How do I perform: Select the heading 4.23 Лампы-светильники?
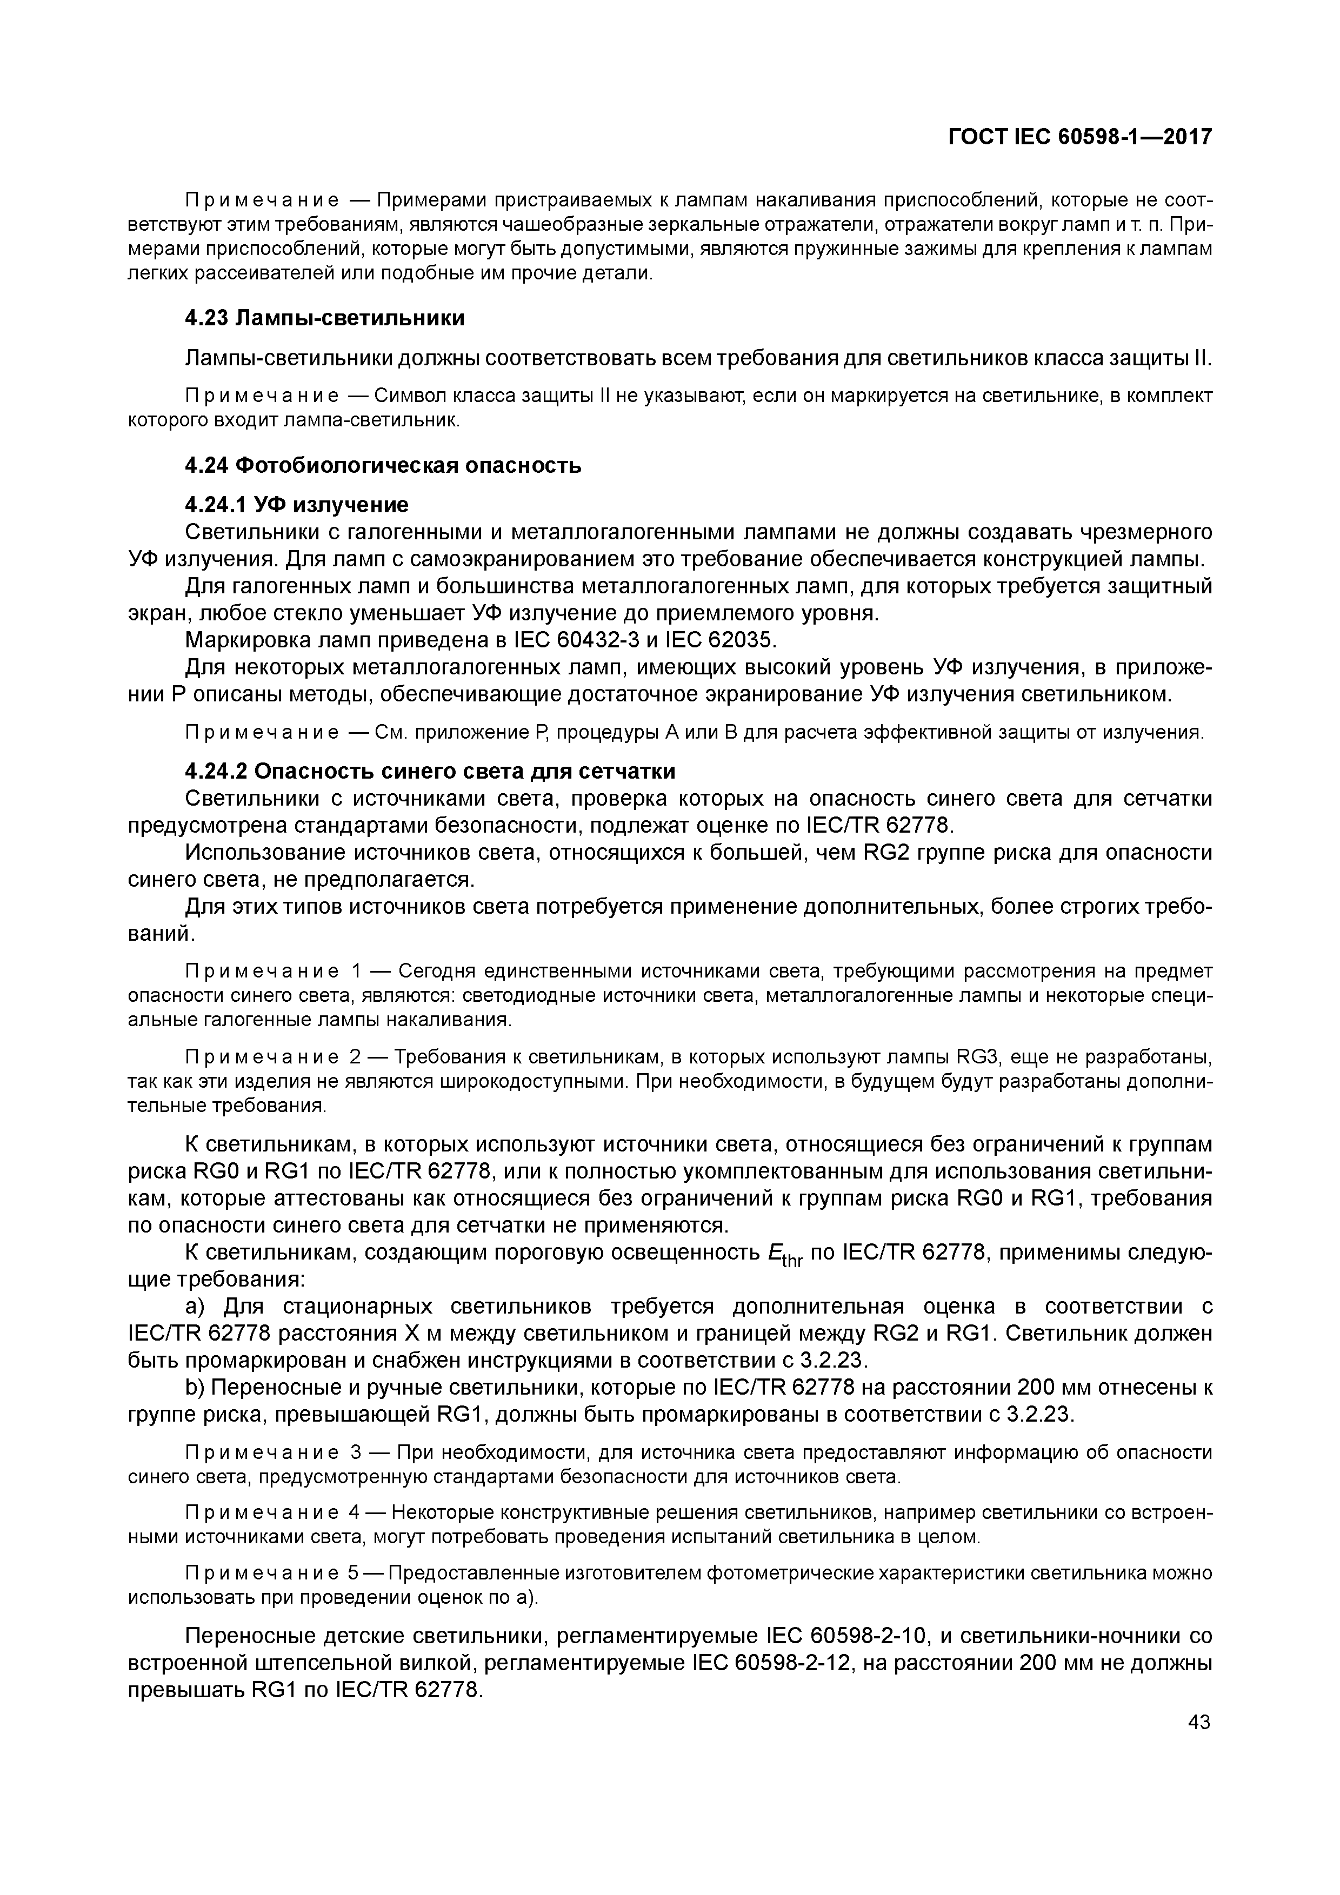[324, 318]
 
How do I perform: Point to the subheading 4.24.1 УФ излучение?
[296, 504]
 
